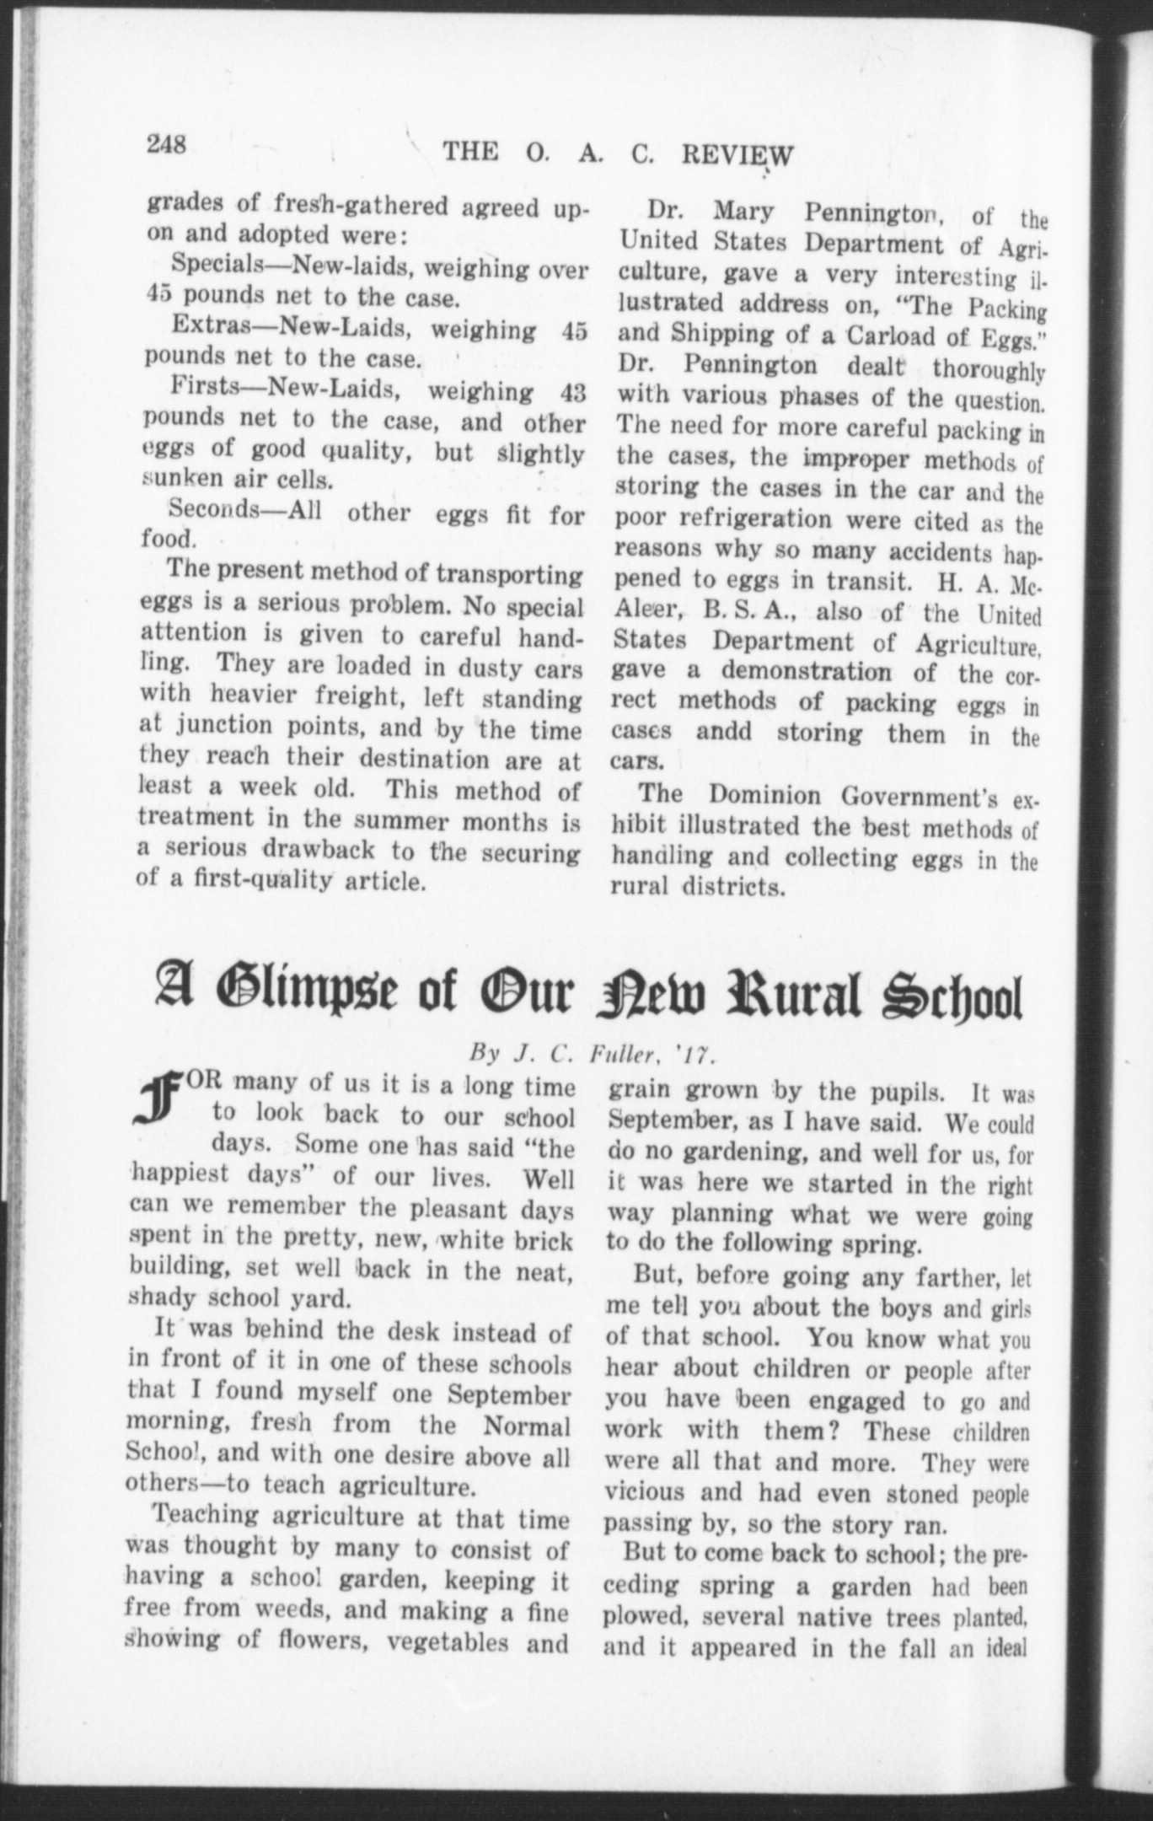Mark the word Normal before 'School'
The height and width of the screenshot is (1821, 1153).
click(x=528, y=1426)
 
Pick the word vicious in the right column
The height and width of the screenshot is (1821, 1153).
click(x=645, y=1493)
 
